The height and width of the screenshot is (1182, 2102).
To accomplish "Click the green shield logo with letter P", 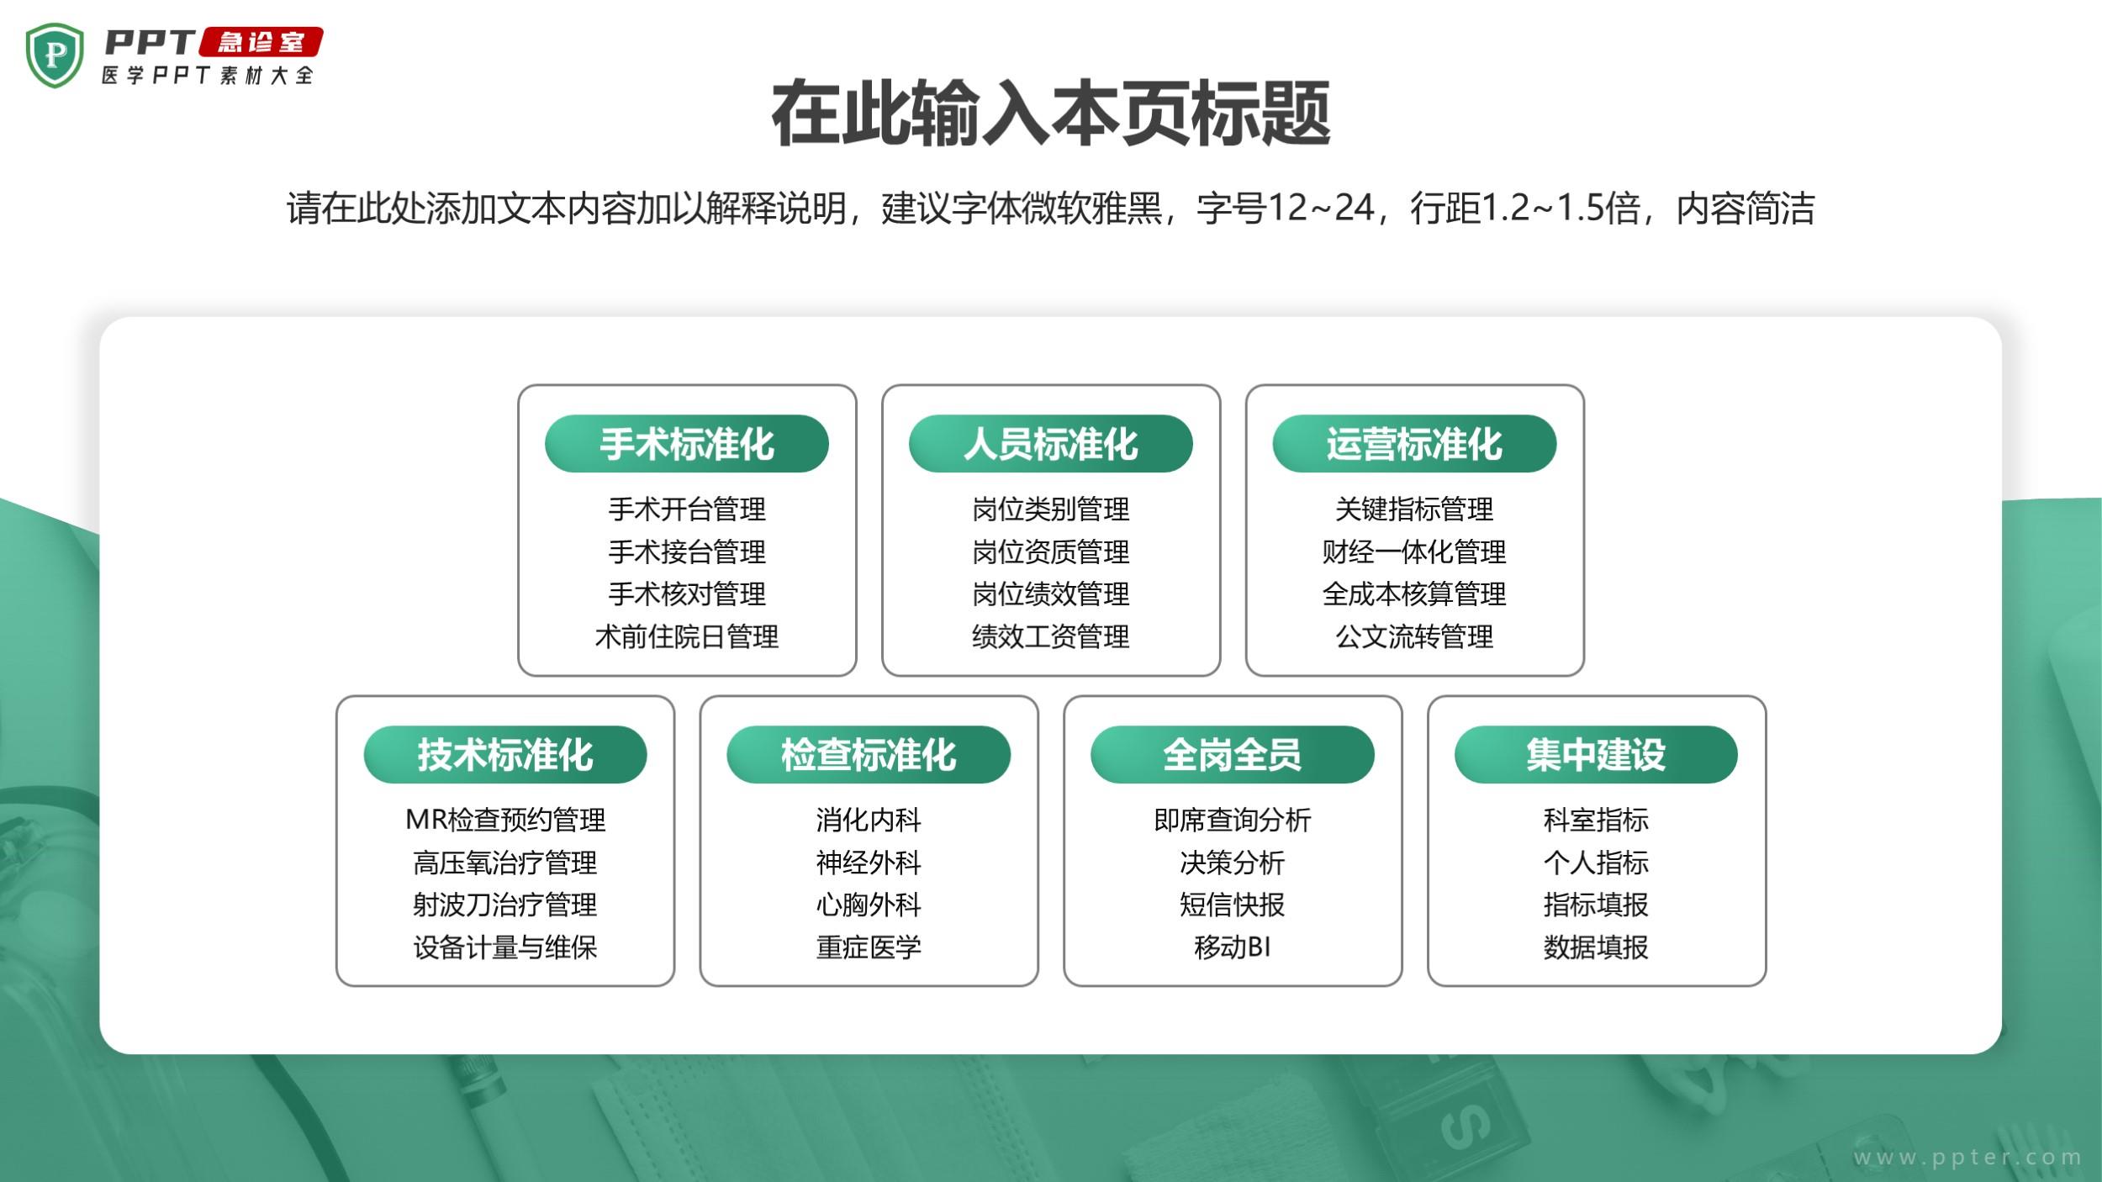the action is click(x=55, y=55).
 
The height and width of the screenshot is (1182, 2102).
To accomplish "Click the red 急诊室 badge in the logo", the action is click(x=261, y=42).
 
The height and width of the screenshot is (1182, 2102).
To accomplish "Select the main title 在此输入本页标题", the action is click(x=1051, y=113).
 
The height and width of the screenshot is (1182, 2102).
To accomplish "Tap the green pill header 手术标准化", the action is click(x=687, y=444).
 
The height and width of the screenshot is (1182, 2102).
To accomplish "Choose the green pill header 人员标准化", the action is click(x=1051, y=444).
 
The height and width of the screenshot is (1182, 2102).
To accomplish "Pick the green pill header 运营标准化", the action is click(x=1414, y=444).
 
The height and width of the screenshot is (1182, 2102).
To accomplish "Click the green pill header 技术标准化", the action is click(x=505, y=754).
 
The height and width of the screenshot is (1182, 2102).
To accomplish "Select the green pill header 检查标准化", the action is click(x=869, y=754).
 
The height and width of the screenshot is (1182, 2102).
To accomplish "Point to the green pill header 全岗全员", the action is click(x=1233, y=754).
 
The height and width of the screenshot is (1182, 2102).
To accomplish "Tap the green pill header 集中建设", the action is click(x=1596, y=754).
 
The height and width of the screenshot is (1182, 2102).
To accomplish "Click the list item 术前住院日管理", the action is click(x=687, y=636).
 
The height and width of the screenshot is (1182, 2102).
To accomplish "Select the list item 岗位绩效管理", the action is click(x=1051, y=594).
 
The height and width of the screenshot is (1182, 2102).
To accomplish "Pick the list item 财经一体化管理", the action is click(x=1414, y=551).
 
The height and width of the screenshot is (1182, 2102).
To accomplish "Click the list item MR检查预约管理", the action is click(x=505, y=820).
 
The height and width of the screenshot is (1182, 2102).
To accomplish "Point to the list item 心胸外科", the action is click(x=869, y=905).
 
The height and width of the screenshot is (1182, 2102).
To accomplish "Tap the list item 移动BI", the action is click(x=1233, y=947).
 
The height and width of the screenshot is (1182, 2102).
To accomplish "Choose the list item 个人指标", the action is click(x=1596, y=863).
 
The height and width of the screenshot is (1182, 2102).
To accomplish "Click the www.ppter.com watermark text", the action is click(x=1967, y=1158).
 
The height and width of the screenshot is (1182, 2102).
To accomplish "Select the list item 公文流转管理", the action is click(x=1414, y=636).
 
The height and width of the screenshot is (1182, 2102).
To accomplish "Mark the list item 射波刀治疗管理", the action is click(x=505, y=905).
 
